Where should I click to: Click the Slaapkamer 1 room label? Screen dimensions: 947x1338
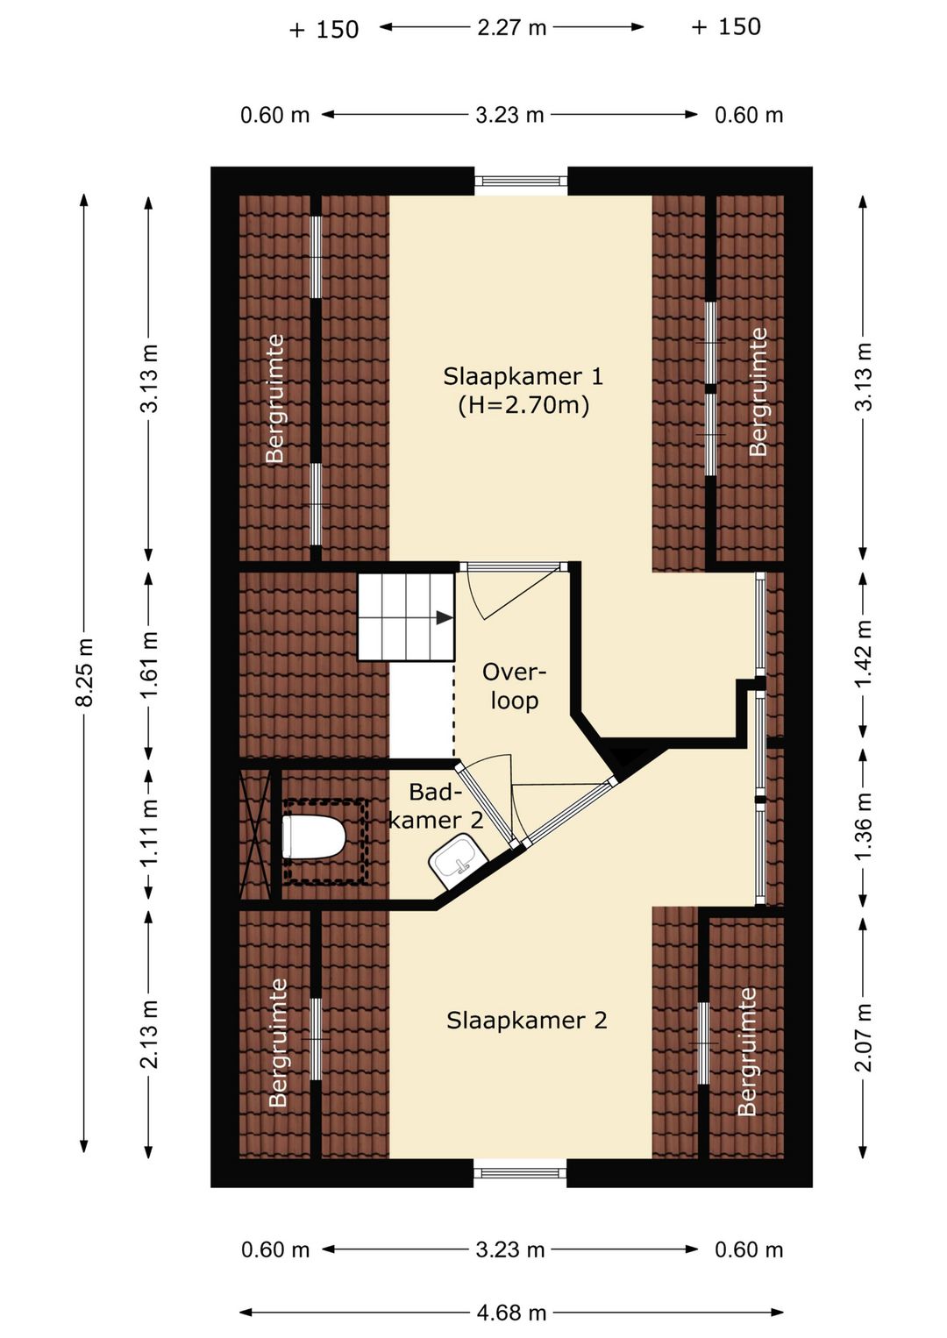tap(523, 377)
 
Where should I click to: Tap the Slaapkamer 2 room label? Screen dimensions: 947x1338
tap(526, 1021)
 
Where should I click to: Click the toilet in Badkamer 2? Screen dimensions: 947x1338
tap(314, 836)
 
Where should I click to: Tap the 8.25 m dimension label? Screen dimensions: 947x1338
tap(84, 673)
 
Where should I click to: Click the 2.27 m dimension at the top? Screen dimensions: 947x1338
tap(511, 27)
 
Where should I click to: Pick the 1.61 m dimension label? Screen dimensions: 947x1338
tap(149, 664)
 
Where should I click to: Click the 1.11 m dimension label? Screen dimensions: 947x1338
tap(149, 832)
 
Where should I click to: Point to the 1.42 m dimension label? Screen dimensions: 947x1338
tap(864, 653)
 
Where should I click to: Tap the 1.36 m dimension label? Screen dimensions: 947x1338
tap(864, 825)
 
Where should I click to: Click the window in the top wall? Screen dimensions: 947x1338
tap(520, 181)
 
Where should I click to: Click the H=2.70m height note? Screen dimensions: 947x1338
tap(524, 406)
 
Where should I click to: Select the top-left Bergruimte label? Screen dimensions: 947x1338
tap(274, 398)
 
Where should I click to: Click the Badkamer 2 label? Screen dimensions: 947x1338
tap(437, 806)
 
